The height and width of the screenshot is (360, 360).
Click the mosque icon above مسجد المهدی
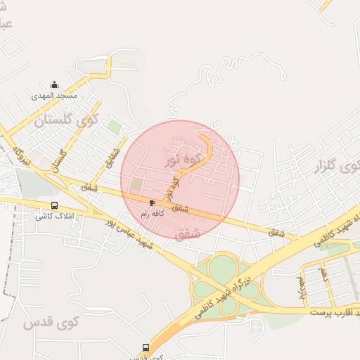tap(55, 85)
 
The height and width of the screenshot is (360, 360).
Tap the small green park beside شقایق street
tap(114, 127)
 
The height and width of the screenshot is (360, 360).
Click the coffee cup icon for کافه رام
tap(152, 202)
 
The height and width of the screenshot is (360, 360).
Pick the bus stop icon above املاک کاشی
tap(54, 205)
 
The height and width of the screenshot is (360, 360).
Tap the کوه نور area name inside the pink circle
tap(184, 151)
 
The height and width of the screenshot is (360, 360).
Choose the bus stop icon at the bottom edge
tap(146, 347)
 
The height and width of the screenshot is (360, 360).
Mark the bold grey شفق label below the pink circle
tap(188, 233)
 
